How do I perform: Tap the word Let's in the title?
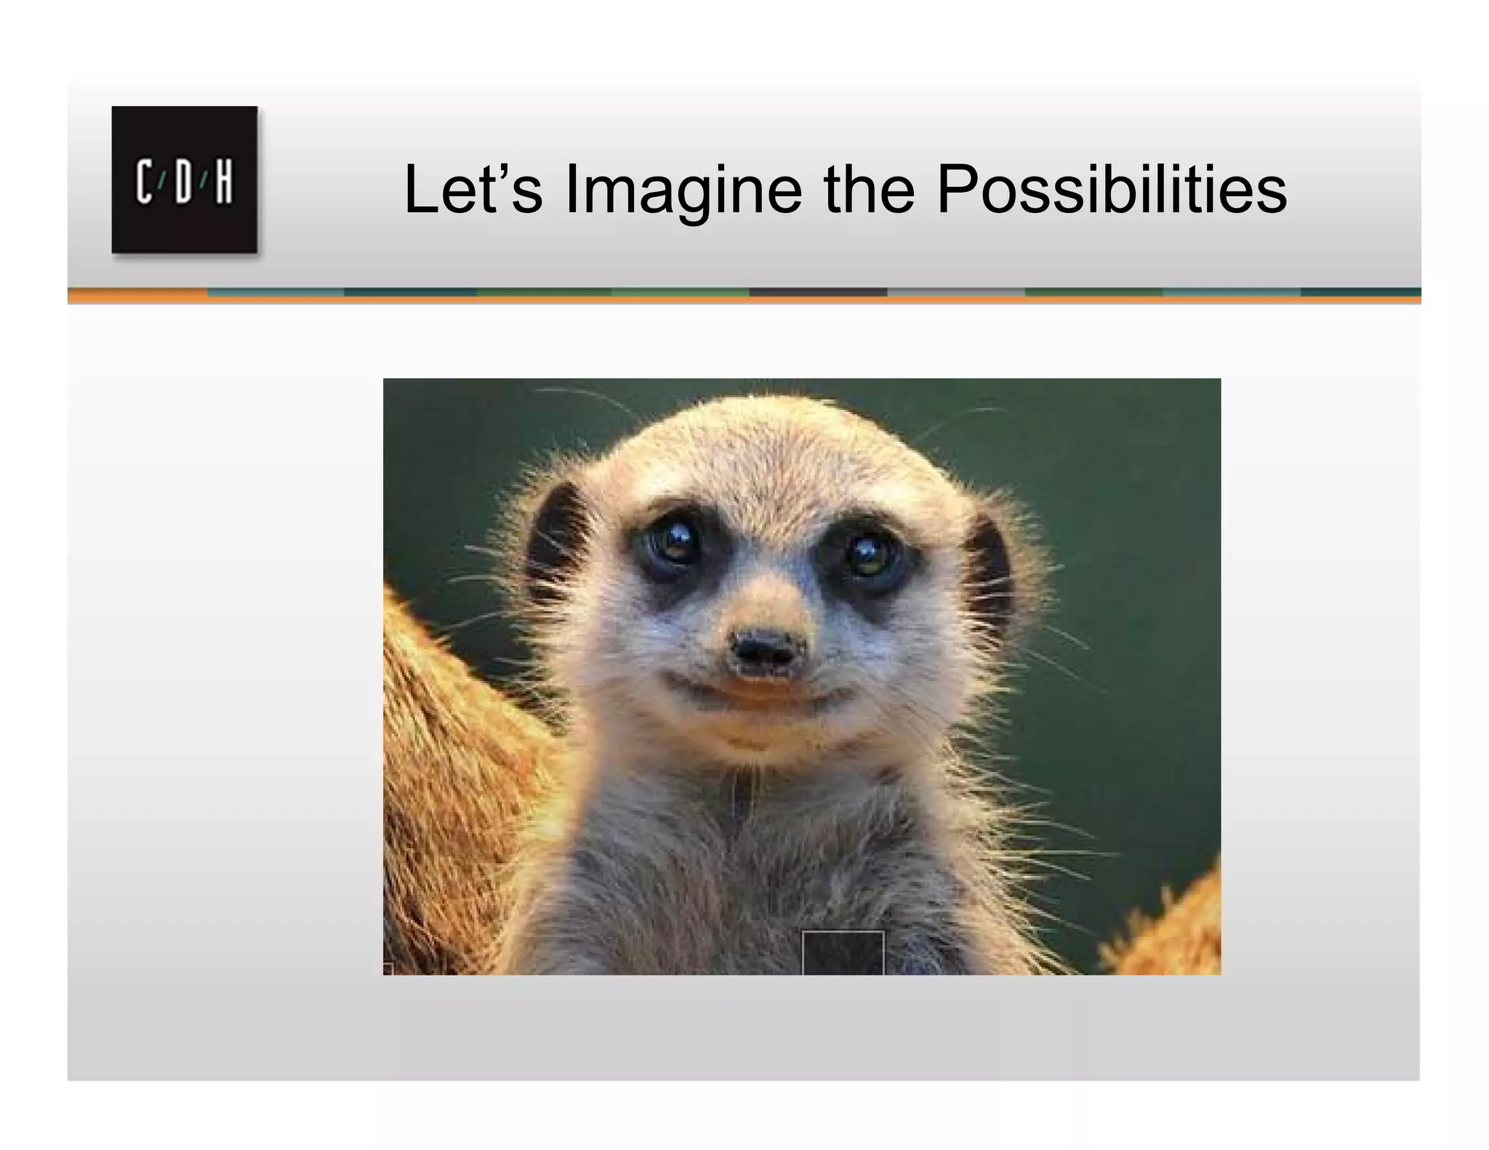(473, 190)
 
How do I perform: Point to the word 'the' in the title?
(869, 190)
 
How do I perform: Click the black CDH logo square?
(184, 180)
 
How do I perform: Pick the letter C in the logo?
(144, 184)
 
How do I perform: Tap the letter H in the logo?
(223, 184)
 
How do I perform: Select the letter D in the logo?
(183, 184)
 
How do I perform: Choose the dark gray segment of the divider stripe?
(818, 292)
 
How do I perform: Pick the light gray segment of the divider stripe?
(956, 292)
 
